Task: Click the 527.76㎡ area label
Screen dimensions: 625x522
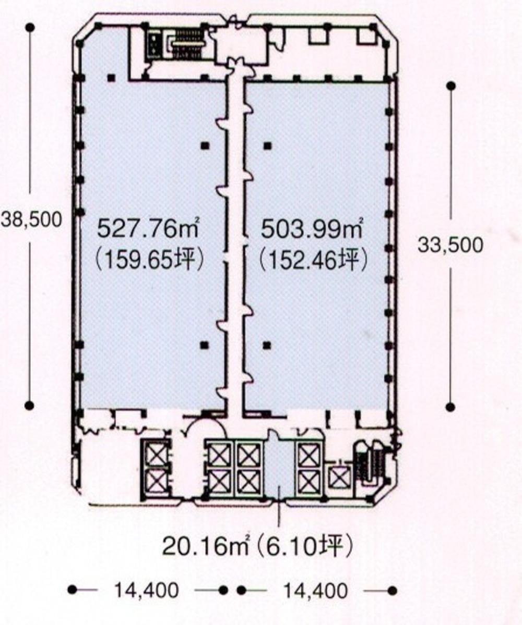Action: tap(149, 228)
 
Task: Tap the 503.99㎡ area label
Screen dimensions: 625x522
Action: tap(312, 228)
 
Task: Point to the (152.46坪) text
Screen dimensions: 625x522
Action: tap(310, 258)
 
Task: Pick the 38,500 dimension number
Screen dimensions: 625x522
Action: tap(31, 219)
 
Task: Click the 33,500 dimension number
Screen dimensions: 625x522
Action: tap(450, 244)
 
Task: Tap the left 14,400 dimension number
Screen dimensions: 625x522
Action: tap(147, 591)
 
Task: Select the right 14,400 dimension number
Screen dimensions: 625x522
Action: tap(315, 591)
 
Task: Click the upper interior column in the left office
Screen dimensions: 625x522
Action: tap(206, 145)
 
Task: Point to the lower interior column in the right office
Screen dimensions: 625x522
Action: tap(267, 344)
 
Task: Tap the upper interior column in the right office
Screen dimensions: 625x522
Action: tap(267, 145)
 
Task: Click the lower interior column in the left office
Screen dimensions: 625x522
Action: tap(206, 344)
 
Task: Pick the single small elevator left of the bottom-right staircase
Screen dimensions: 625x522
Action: tap(339, 476)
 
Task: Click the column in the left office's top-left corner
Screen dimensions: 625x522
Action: tap(111, 78)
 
